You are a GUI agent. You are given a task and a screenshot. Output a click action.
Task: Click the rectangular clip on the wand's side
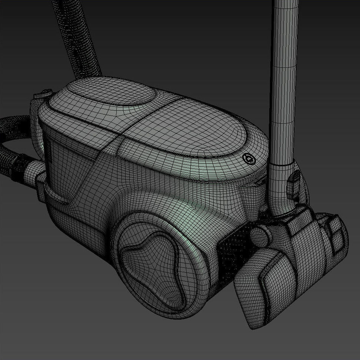click(294, 184)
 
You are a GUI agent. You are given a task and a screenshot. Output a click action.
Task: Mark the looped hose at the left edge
click(9, 144)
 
